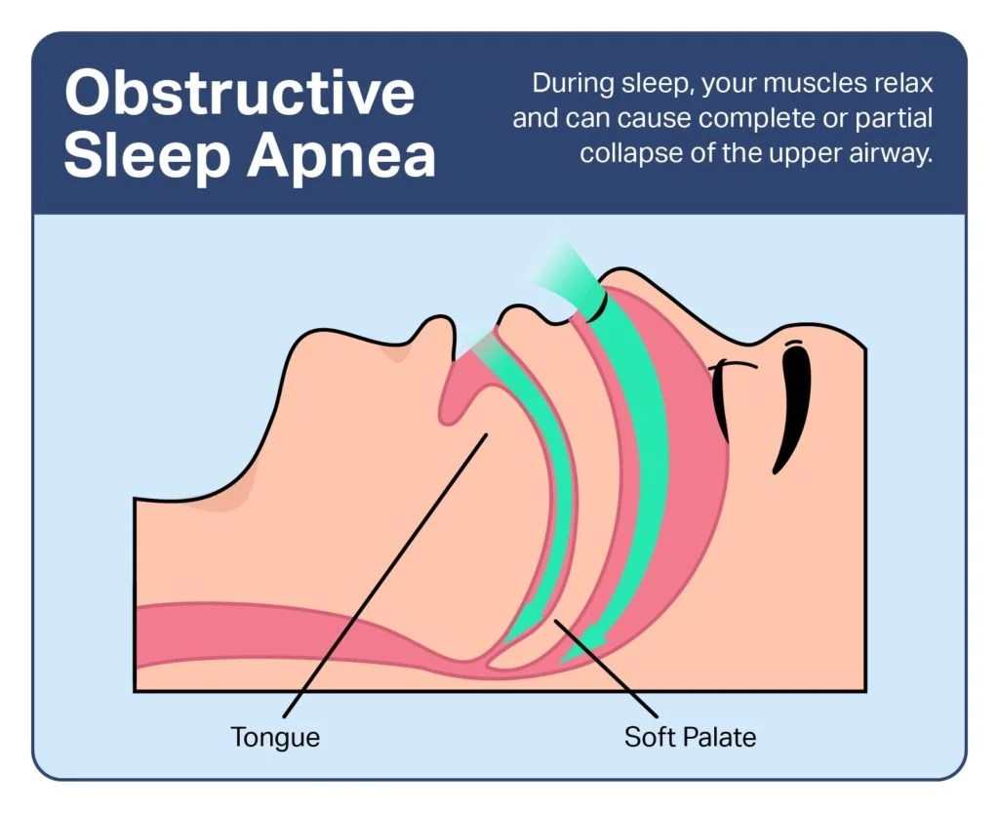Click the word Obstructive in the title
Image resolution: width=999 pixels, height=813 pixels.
coord(239,94)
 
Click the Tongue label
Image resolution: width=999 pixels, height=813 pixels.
coord(275,736)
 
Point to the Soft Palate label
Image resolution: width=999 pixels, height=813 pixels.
coord(690,736)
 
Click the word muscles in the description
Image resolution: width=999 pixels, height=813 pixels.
coord(794,83)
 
